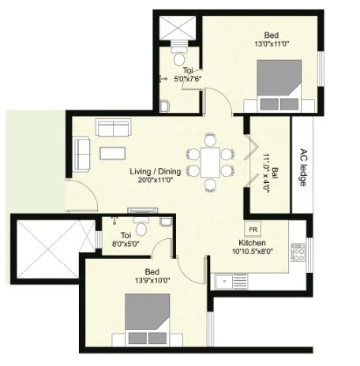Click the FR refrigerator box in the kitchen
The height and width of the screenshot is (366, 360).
tap(253, 230)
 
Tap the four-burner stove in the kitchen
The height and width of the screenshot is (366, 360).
tap(298, 252)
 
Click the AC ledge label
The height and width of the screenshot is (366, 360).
tap(303, 168)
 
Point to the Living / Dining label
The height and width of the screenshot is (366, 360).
tap(156, 172)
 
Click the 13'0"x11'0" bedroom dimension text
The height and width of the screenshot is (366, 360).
tap(272, 43)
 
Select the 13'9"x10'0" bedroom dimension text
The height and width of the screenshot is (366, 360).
tap(152, 281)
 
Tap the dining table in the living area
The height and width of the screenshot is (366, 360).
tap(210, 162)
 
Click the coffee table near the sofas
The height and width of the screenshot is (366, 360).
tap(113, 153)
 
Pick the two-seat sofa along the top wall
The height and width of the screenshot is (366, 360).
tap(113, 128)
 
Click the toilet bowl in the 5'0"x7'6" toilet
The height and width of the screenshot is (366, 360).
tap(179, 57)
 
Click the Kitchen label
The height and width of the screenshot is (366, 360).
tap(252, 243)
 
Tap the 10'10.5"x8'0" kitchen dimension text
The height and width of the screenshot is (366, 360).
tap(252, 252)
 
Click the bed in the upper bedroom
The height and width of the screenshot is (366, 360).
tap(279, 85)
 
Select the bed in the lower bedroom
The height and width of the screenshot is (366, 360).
tap(147, 319)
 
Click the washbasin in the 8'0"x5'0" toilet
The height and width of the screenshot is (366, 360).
tap(166, 222)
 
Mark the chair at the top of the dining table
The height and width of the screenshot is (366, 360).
tap(210, 140)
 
